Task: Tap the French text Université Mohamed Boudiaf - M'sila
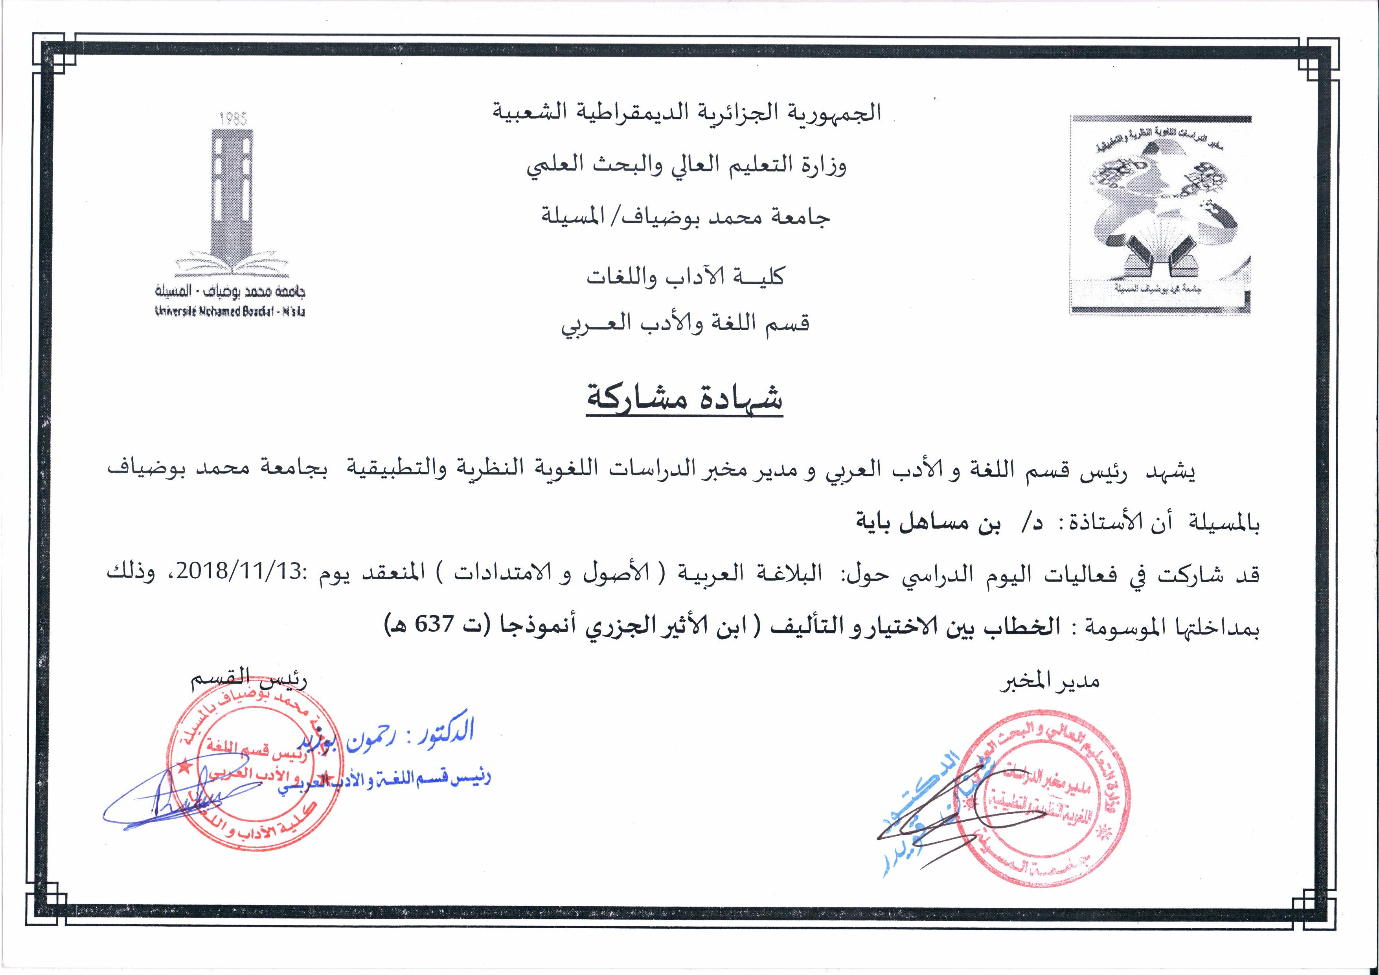click(x=230, y=312)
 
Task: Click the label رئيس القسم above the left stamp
click(x=249, y=681)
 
